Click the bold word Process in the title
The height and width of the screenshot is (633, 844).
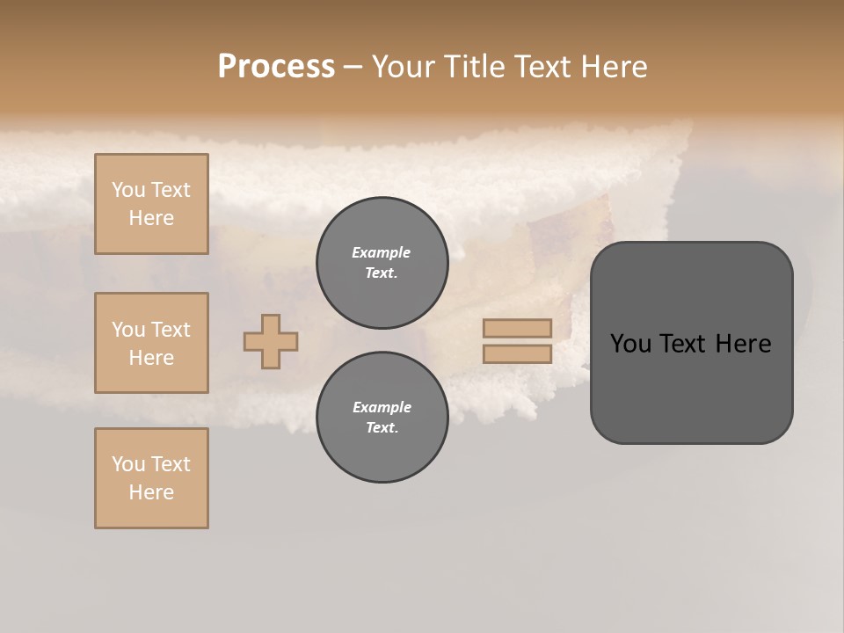tap(276, 67)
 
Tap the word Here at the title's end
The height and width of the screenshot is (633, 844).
tap(613, 67)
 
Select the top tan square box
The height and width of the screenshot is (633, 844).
tap(151, 204)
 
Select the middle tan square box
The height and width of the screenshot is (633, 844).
tap(151, 343)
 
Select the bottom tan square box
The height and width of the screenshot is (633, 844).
tap(151, 478)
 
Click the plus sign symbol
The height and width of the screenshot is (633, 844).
tap(271, 341)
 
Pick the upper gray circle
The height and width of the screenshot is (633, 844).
tap(382, 263)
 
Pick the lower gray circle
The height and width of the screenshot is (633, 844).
tap(382, 418)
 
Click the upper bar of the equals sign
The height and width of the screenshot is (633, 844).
tap(517, 329)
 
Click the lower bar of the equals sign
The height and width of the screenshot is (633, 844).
tap(517, 353)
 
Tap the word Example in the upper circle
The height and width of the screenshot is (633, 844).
tap(381, 252)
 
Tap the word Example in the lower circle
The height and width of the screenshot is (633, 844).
tap(382, 407)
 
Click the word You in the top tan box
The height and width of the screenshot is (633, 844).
tap(128, 190)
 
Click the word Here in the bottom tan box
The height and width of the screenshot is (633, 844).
tap(151, 492)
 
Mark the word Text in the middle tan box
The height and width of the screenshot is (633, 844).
tap(170, 330)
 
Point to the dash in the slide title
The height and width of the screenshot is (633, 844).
tap(353, 67)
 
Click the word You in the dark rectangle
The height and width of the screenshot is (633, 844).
tap(630, 344)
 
